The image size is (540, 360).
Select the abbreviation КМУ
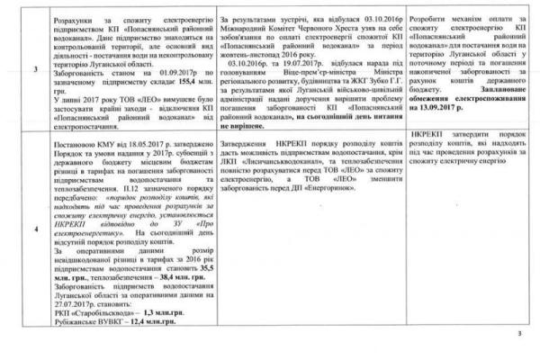pos(94,148)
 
